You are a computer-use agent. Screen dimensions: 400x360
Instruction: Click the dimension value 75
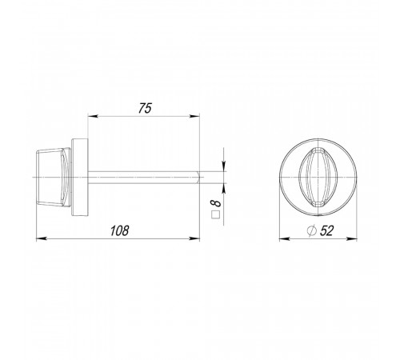pyautogui.click(x=145, y=108)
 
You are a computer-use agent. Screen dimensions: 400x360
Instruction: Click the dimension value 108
pyautogui.click(x=119, y=230)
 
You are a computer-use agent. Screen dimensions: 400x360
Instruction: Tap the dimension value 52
pyautogui.click(x=326, y=230)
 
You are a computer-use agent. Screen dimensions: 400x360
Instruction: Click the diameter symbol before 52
pyautogui.click(x=311, y=230)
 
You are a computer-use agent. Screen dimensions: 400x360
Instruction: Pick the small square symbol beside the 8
pyautogui.click(x=215, y=214)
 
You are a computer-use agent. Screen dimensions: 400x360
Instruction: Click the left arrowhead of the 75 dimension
pyautogui.click(x=93, y=116)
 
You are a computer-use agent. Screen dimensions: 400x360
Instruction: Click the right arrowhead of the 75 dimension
pyautogui.click(x=194, y=116)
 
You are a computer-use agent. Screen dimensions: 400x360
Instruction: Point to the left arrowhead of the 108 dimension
pyautogui.click(x=42, y=238)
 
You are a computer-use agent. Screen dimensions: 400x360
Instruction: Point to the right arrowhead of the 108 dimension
pyautogui.click(x=194, y=238)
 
